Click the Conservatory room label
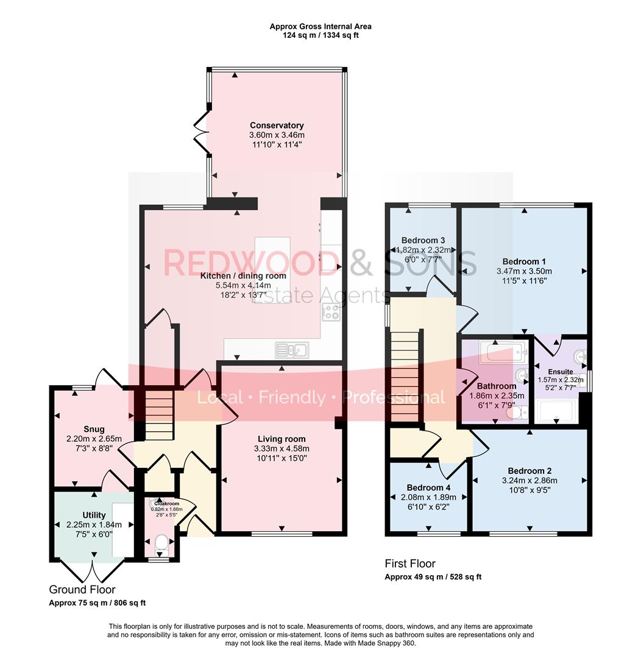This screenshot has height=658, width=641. pyautogui.click(x=276, y=126)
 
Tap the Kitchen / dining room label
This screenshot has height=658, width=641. pyautogui.click(x=243, y=276)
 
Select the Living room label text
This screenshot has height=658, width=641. pyautogui.click(x=281, y=439)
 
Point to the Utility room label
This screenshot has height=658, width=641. pyautogui.click(x=94, y=515)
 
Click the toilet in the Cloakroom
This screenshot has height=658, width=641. pyautogui.click(x=161, y=542)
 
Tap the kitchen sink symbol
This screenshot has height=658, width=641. pyautogui.click(x=292, y=350)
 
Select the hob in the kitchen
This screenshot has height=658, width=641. pyautogui.click(x=331, y=312)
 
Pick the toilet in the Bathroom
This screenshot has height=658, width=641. pyautogui.click(x=517, y=414)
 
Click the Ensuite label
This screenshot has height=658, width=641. pyautogui.click(x=560, y=372)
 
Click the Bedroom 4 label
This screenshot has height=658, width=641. pyautogui.click(x=428, y=487)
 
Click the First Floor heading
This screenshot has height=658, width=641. pyautogui.click(x=409, y=564)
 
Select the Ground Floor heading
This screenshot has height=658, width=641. pyautogui.click(x=82, y=589)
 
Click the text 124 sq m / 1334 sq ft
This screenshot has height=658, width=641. pyautogui.click(x=320, y=35)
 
